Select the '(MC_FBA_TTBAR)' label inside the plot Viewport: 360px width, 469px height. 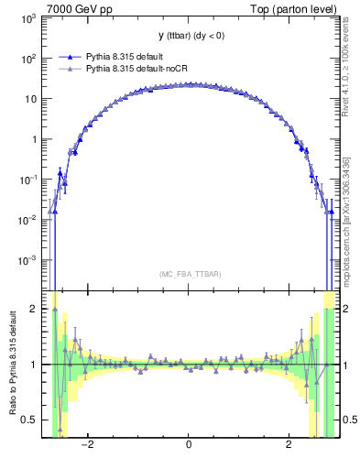click(x=188, y=274)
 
